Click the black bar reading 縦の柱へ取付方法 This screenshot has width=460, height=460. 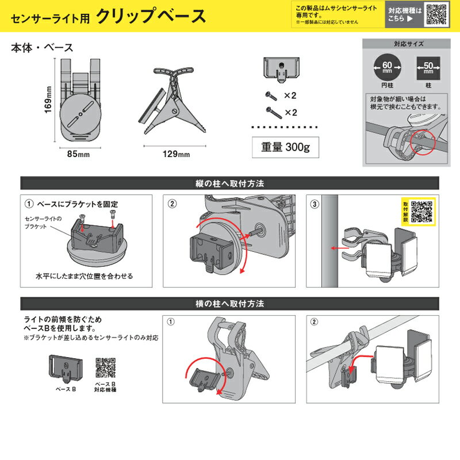point(230,184)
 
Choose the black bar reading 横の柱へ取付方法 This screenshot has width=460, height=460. point(230,303)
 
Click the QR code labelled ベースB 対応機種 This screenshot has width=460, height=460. point(105,366)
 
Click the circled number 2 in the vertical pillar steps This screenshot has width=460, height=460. point(172,204)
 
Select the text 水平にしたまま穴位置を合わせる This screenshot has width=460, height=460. point(87,276)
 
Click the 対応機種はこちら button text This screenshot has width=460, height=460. point(404,14)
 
